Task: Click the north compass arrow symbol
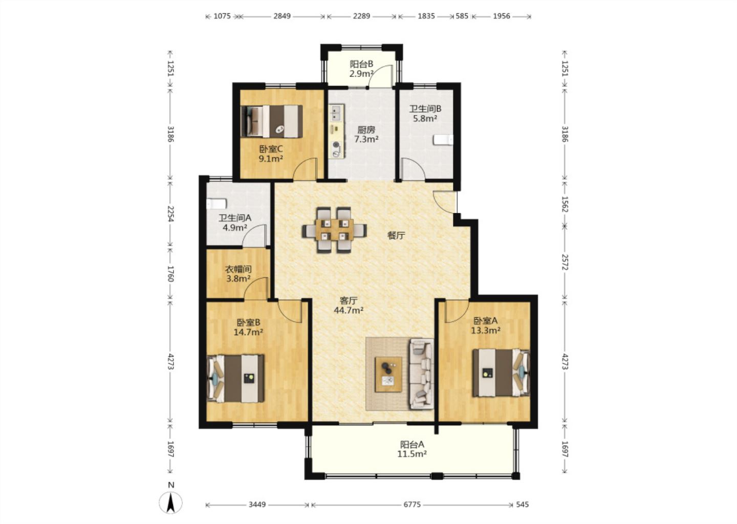point(171,503)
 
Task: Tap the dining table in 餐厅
point(334,230)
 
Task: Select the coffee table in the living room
point(388,375)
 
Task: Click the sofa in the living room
point(421,374)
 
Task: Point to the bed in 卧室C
point(272,121)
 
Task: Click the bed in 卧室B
point(235,378)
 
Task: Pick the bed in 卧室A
point(501,373)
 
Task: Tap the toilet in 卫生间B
point(443,140)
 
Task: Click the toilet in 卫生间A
point(216,204)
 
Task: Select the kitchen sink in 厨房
point(336,113)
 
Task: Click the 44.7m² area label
point(349,310)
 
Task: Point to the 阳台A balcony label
point(413,444)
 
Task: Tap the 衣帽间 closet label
point(238,269)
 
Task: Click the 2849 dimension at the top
point(282,16)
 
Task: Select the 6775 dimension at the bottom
point(412,504)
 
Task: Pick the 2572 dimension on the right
point(565,262)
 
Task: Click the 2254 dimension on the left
point(170,214)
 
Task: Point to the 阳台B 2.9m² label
point(361,69)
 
